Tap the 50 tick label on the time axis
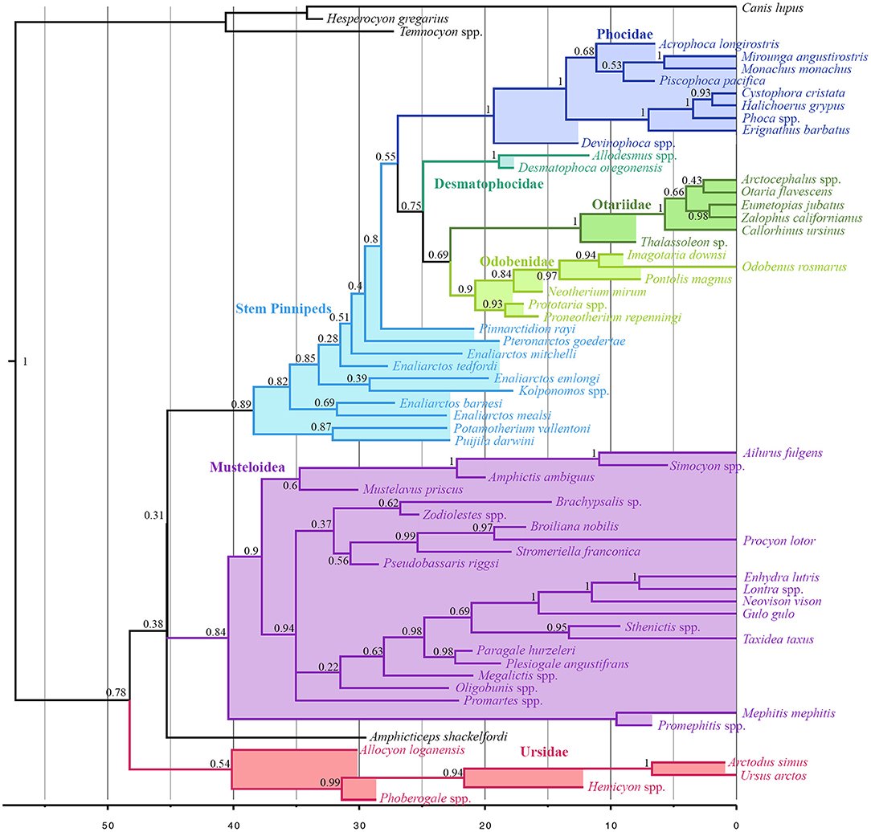click(107, 818)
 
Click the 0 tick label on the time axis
click(736, 818)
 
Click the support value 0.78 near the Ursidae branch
click(118, 692)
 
